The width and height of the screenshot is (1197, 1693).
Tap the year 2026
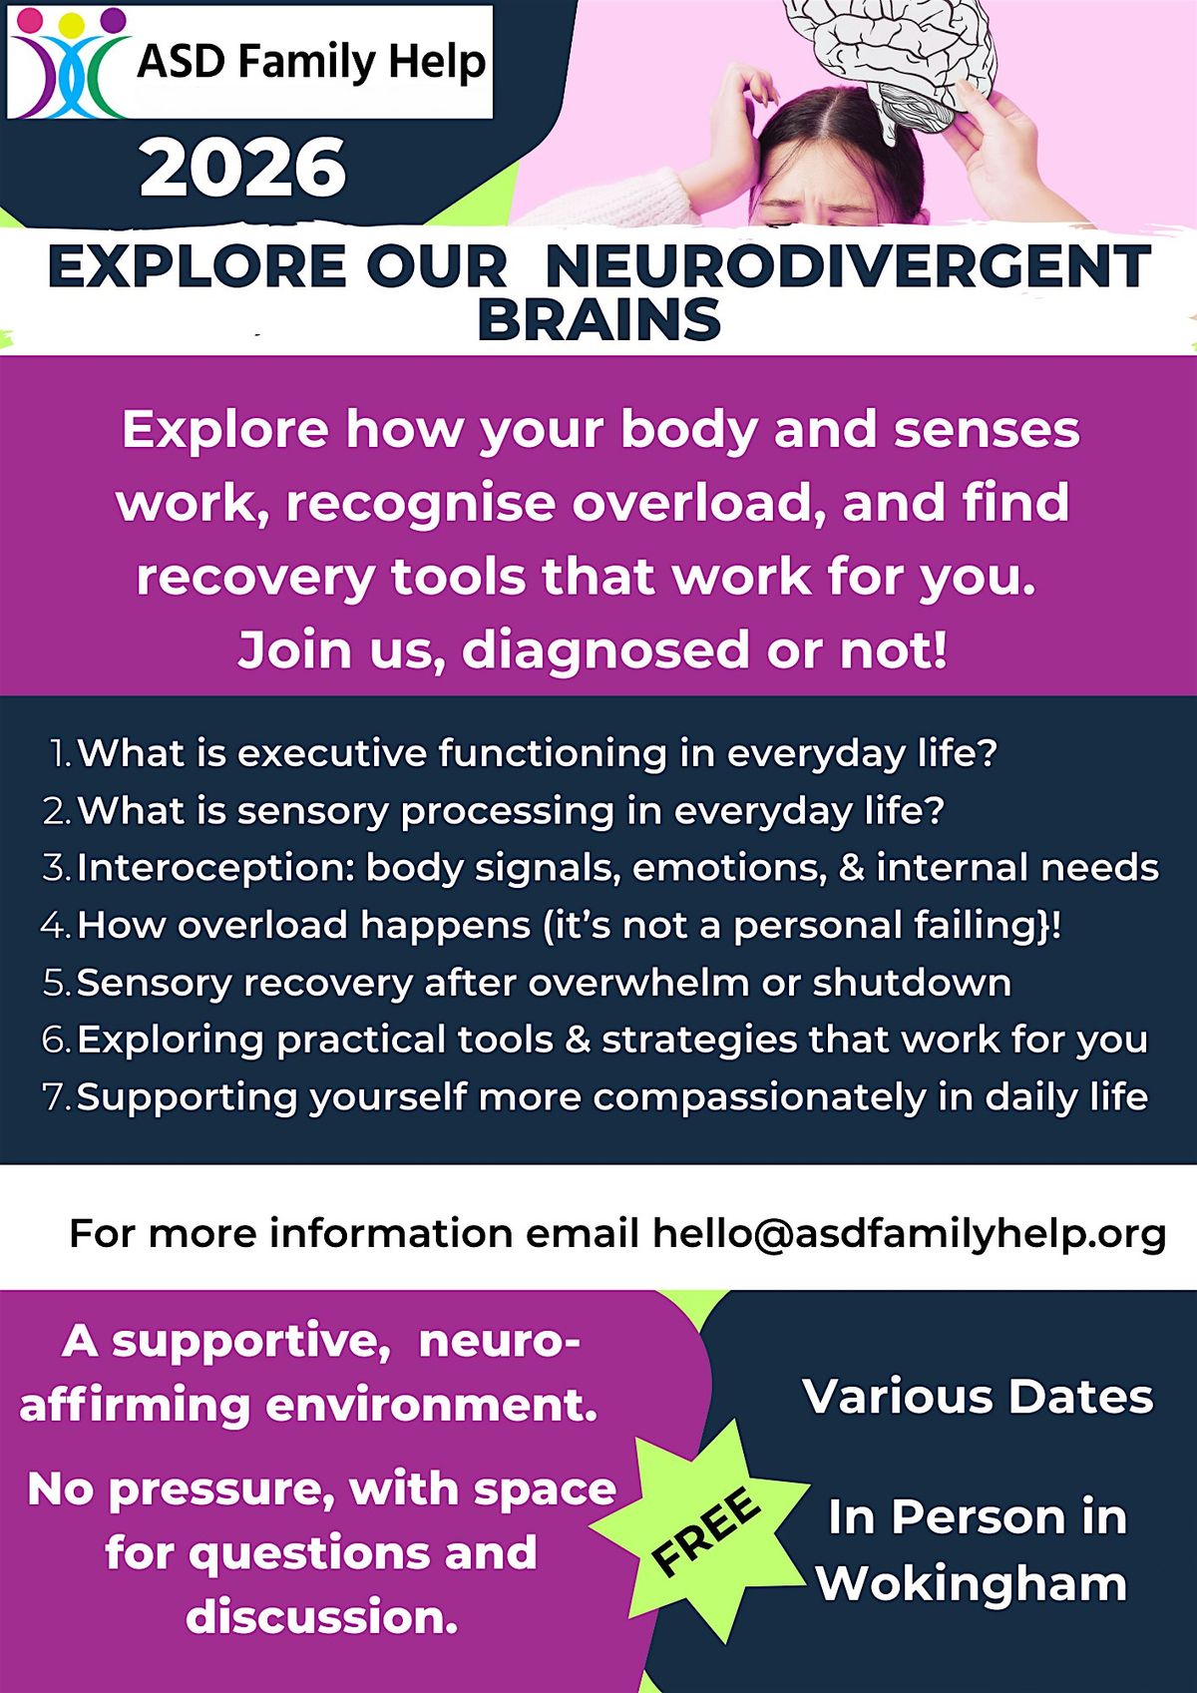243,169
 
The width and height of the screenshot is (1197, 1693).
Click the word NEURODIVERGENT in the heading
849,266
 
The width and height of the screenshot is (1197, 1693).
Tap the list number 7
57,1097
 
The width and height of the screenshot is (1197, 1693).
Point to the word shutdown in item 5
912,983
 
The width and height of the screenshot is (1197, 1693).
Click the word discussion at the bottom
322,1617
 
